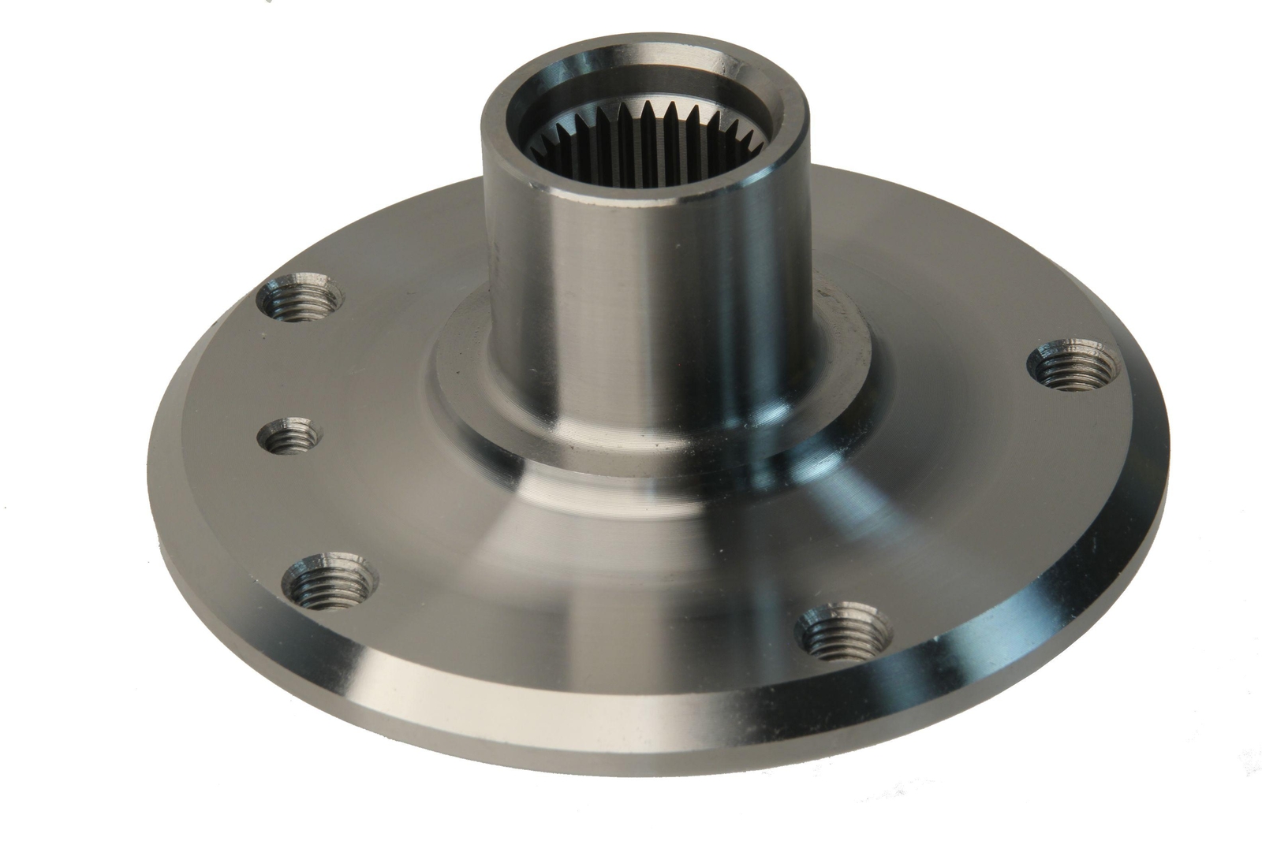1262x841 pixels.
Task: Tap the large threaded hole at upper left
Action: [301, 297]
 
